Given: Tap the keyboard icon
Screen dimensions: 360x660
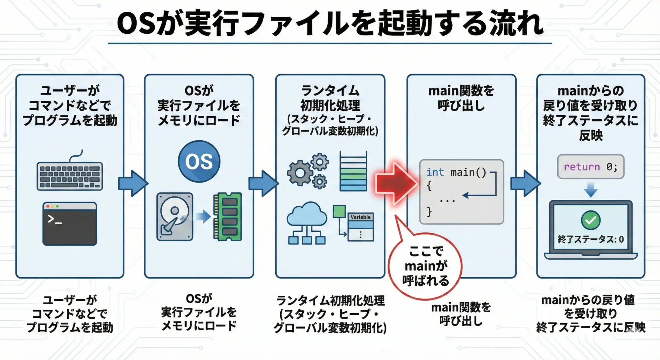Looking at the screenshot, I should pos(70,176).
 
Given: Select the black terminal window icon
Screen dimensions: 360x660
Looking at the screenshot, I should pos(70,224).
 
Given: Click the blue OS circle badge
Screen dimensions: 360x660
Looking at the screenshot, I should pos(199,161).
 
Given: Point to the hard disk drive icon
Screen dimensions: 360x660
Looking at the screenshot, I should pos(175,217).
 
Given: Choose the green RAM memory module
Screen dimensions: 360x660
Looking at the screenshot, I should pos(228,217).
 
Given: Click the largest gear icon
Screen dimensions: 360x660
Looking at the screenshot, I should pos(300,173).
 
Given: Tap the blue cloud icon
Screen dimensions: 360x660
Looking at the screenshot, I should pos(307,214).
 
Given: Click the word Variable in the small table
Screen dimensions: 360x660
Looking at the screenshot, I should pos(361,217).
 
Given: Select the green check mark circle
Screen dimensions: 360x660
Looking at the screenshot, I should pos(591,220).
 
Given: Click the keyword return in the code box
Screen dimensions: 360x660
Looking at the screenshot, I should pos(582,167).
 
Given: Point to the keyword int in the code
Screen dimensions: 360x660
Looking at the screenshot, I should pos(435,172).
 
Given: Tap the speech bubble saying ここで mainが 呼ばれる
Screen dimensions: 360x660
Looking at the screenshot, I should pos(426,266).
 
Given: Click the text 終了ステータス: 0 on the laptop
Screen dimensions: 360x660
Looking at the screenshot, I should pos(591,239).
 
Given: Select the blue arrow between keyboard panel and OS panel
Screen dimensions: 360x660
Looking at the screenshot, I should pos(133,183).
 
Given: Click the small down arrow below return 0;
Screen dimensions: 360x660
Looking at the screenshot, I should pos(591,190).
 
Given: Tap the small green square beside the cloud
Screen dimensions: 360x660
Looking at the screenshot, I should pos(339,211).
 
